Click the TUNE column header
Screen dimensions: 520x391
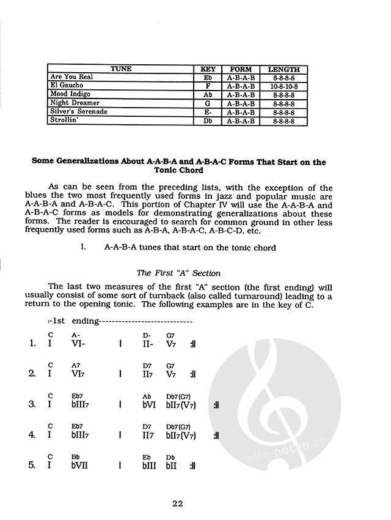[x=120, y=69]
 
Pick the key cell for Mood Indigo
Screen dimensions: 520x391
[x=206, y=95]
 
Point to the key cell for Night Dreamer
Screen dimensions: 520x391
[x=206, y=103]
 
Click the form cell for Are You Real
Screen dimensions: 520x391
[x=239, y=78]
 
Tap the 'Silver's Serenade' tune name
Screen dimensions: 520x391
[x=79, y=112]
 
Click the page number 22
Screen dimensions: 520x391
[x=177, y=504]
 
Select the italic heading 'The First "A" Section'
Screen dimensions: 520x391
[x=178, y=273]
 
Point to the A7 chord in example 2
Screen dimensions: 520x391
[x=76, y=364]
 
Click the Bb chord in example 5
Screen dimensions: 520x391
[x=76, y=456]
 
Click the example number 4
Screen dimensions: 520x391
[x=32, y=435]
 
